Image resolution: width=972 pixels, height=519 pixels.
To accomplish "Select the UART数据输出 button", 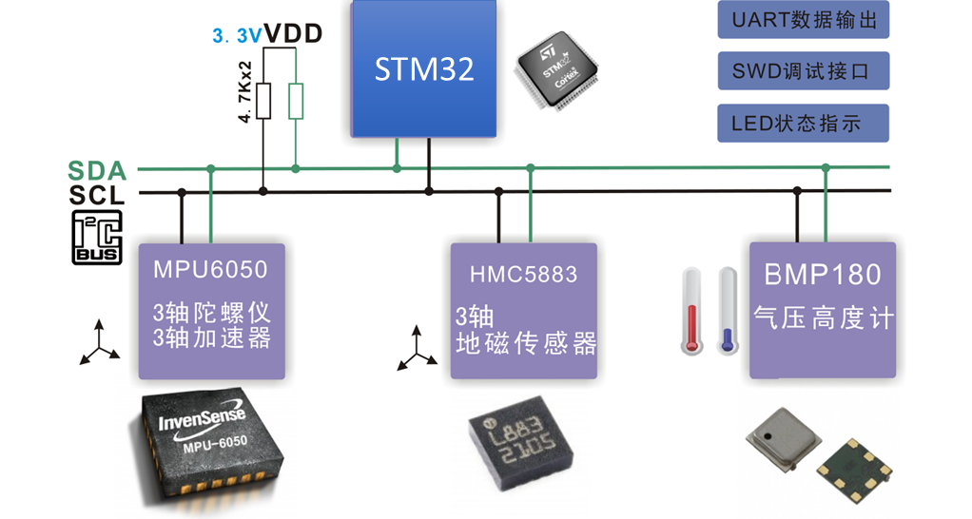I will click(803, 20).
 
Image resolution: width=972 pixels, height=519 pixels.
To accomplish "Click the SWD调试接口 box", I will click(803, 71).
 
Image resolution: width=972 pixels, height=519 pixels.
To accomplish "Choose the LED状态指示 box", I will click(803, 123).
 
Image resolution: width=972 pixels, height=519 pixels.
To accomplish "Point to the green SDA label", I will click(97, 171).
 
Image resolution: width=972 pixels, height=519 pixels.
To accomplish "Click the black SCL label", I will click(97, 195).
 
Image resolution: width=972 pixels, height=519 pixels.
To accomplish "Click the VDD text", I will click(293, 34).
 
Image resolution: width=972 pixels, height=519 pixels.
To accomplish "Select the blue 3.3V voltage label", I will click(236, 37).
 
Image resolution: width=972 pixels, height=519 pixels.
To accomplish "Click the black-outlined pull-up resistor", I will click(263, 101).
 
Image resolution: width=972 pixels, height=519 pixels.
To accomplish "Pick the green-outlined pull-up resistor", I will click(296, 101).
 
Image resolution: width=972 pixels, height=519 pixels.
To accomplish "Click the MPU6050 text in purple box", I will click(211, 269).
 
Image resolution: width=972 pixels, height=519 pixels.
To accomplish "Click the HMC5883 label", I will click(523, 275).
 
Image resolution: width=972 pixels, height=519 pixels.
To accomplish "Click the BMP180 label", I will click(823, 274).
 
